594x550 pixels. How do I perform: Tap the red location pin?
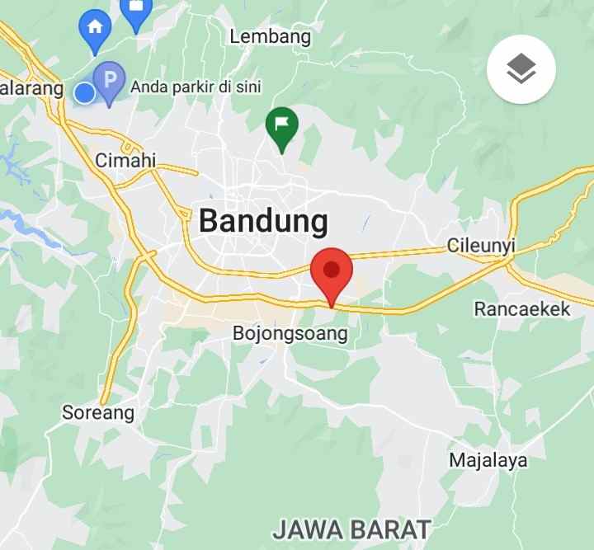332,271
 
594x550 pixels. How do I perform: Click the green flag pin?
281,126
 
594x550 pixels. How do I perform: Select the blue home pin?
95,28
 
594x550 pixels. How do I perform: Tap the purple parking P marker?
108,81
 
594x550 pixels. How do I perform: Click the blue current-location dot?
85,93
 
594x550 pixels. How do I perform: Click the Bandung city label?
263,221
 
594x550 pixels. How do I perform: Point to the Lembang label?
270,36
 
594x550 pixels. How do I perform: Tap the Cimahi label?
125,160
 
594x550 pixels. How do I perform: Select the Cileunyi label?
481,245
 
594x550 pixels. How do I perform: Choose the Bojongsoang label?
290,334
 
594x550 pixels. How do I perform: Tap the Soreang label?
97,412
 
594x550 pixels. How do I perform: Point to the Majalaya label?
488,460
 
